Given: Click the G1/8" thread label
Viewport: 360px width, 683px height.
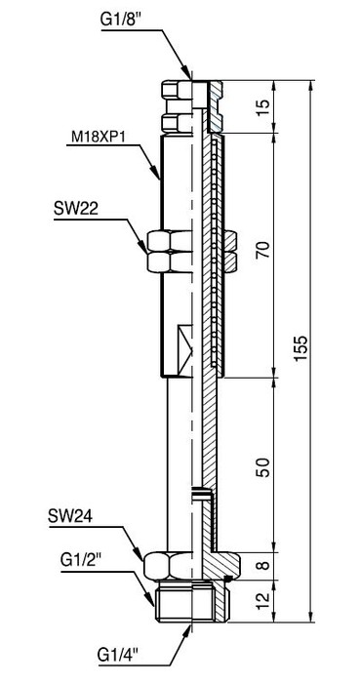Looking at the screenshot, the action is pos(122,20).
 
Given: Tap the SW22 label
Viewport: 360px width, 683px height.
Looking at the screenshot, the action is pos(76,210).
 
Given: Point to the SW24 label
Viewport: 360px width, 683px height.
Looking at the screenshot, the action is pos(70,519).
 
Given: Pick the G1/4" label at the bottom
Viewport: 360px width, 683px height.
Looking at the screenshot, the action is pos(118,655).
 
